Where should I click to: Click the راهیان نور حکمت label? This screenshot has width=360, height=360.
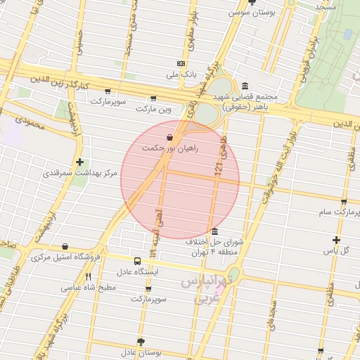tap(170, 148)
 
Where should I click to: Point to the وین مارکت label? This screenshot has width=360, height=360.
tap(153, 110)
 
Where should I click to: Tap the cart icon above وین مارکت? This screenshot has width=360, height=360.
tap(153, 99)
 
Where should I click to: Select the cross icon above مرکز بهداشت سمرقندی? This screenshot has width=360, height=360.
tap(80, 162)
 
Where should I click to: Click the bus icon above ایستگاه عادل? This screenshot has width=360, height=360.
tap(138, 261)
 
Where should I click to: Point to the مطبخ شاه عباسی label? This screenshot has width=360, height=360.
tap(88, 288)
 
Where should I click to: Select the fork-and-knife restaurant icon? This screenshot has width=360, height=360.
tap(88, 276)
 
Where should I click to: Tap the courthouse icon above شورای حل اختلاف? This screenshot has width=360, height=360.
tap(214, 232)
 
